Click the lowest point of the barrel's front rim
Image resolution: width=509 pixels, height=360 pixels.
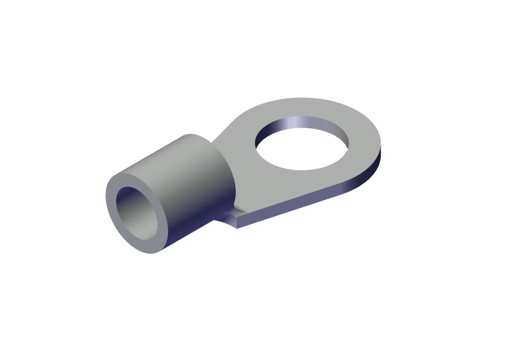150,254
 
